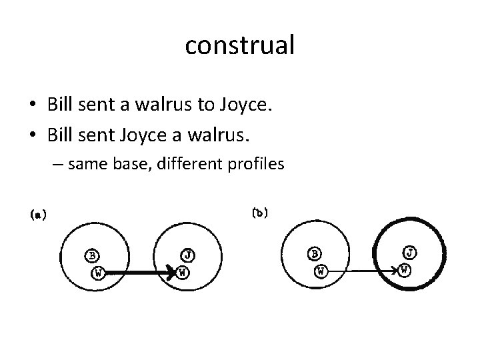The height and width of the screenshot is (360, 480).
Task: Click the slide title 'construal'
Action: pos(240,45)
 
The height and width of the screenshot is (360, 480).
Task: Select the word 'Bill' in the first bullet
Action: pos(61,105)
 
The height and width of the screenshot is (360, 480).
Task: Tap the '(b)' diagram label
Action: pos(260,213)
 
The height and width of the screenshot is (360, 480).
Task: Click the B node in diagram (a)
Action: pos(93,255)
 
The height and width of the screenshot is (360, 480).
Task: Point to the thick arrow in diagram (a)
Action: pos(140,273)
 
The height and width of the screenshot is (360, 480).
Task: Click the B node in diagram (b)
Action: pos(315,253)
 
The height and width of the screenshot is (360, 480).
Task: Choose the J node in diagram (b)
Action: pos(411,253)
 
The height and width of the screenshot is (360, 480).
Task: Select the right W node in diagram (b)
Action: pos(405,270)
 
